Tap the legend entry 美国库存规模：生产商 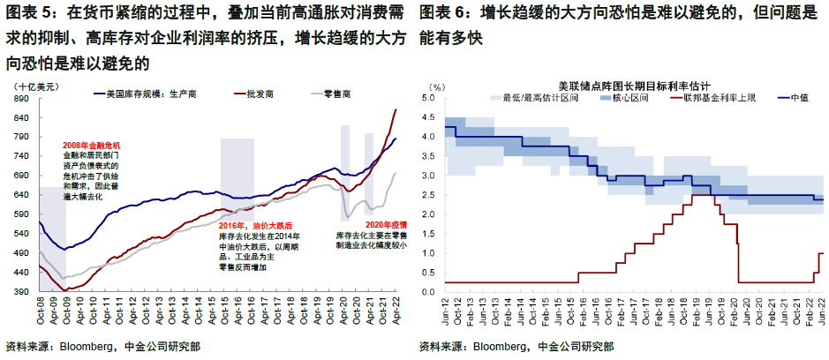(x=149, y=92)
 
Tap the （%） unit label (x=438, y=86)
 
